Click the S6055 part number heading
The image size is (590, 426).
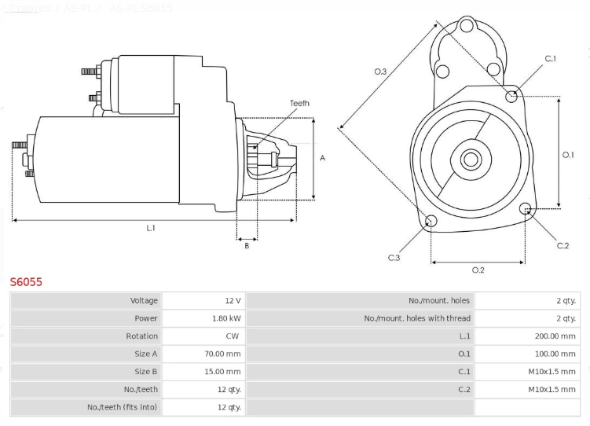tap(26, 281)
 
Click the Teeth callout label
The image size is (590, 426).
tap(299, 103)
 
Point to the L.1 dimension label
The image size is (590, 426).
tap(151, 228)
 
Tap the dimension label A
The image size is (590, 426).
tap(322, 158)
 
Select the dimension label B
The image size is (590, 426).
tap(247, 246)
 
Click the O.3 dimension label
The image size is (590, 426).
tap(379, 72)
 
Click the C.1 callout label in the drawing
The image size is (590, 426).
tap(551, 59)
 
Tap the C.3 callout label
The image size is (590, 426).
tap(394, 257)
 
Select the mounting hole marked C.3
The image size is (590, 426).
tap(431, 220)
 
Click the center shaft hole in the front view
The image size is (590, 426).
tap(471, 159)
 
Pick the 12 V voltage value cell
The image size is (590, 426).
tap(233, 300)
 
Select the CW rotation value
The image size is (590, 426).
tap(233, 336)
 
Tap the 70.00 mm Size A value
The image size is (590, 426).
tap(222, 354)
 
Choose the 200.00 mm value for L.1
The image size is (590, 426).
tap(555, 336)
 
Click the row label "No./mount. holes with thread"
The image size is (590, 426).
tap(417, 318)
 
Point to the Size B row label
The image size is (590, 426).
tap(146, 372)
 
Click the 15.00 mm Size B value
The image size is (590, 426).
tap(222, 372)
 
